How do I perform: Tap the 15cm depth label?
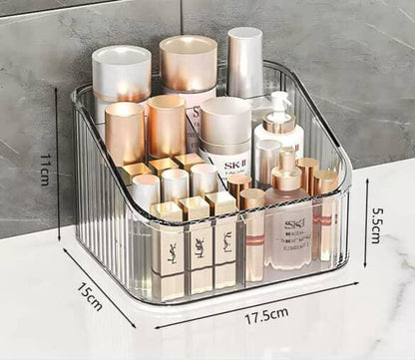(x=90, y=296)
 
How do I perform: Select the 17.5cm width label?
(x=266, y=315)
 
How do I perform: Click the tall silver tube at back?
(x=244, y=62)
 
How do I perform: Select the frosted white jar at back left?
(x=121, y=73)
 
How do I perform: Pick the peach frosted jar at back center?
(x=189, y=63)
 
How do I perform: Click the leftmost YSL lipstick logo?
(x=169, y=245)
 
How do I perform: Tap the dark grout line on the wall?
(x=181, y=25)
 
